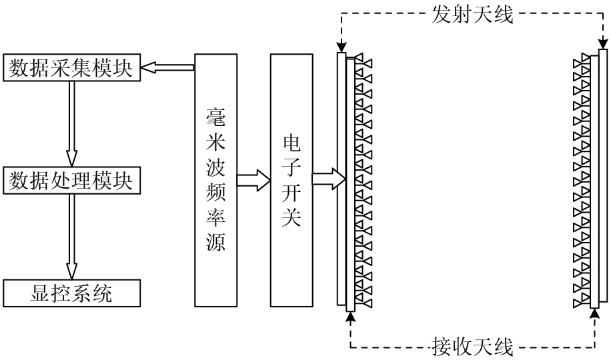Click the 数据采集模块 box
pyautogui.click(x=73, y=68)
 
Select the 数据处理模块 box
pyautogui.click(x=73, y=180)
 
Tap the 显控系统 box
pyautogui.click(x=73, y=293)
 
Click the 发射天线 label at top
pyautogui.click(x=472, y=14)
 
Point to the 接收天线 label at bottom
pyautogui.click(x=472, y=345)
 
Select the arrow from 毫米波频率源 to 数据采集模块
pyautogui.click(x=169, y=67)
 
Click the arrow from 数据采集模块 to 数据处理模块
pyautogui.click(x=72, y=124)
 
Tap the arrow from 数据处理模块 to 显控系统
pyautogui.click(x=72, y=237)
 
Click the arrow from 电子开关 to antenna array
pyautogui.click(x=329, y=179)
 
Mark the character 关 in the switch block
pyautogui.click(x=291, y=219)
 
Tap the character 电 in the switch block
pyautogui.click(x=291, y=143)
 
